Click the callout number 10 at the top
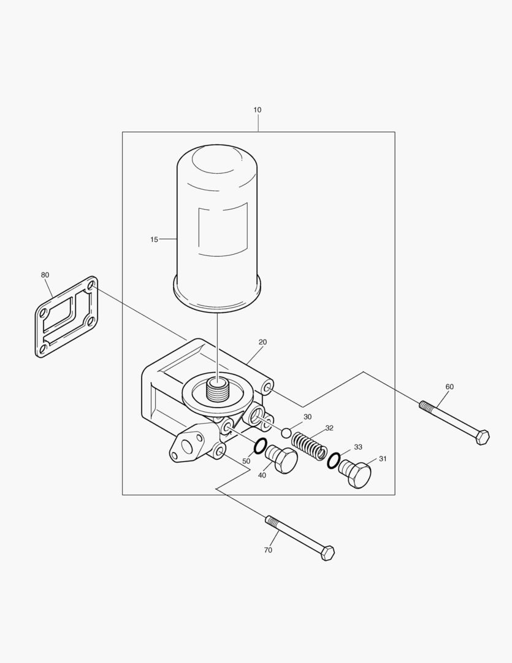click(x=258, y=110)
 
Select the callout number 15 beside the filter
click(x=154, y=240)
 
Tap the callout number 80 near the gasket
click(x=45, y=275)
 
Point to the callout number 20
click(x=262, y=342)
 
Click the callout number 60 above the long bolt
click(x=449, y=387)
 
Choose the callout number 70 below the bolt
click(x=268, y=550)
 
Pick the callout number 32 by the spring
click(x=329, y=428)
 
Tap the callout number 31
click(x=383, y=459)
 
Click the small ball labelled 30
click(x=286, y=433)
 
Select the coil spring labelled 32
click(x=308, y=446)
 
